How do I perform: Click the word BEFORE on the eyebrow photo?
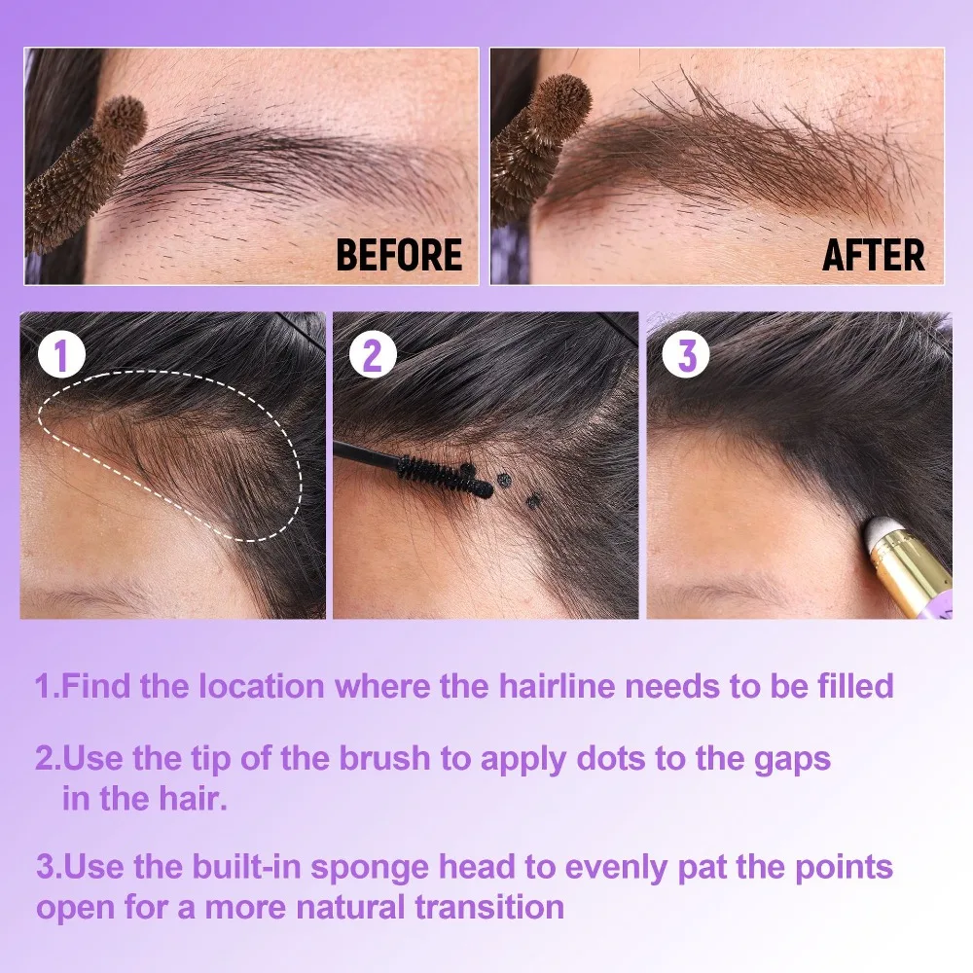[399, 255]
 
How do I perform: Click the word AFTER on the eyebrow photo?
[873, 255]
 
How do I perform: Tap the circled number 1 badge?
[62, 357]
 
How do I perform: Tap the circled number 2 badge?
[373, 357]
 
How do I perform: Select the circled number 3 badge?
[687, 357]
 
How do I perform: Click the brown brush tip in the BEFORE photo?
[115, 126]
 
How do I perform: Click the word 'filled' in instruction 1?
[847, 686]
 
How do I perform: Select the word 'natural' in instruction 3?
[343, 908]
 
